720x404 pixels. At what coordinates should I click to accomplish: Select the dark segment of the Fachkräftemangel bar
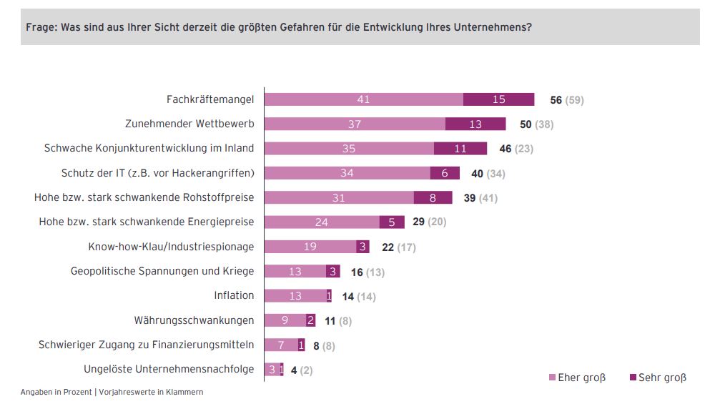click(498, 99)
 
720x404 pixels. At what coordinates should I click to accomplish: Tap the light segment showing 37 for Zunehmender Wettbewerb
click(355, 124)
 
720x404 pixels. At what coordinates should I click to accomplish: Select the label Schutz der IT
click(158, 173)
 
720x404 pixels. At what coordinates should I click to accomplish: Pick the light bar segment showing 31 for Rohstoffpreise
click(339, 197)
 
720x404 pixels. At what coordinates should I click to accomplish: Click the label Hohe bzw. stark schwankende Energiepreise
click(147, 222)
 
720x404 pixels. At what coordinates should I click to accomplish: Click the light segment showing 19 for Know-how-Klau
click(310, 247)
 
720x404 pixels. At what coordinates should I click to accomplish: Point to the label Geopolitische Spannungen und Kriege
click(162, 271)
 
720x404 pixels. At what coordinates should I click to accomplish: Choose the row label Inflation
click(234, 295)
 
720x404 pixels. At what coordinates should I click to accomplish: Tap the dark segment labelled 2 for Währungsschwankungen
click(310, 320)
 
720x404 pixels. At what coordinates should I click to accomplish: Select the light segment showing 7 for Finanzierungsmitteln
click(281, 345)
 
